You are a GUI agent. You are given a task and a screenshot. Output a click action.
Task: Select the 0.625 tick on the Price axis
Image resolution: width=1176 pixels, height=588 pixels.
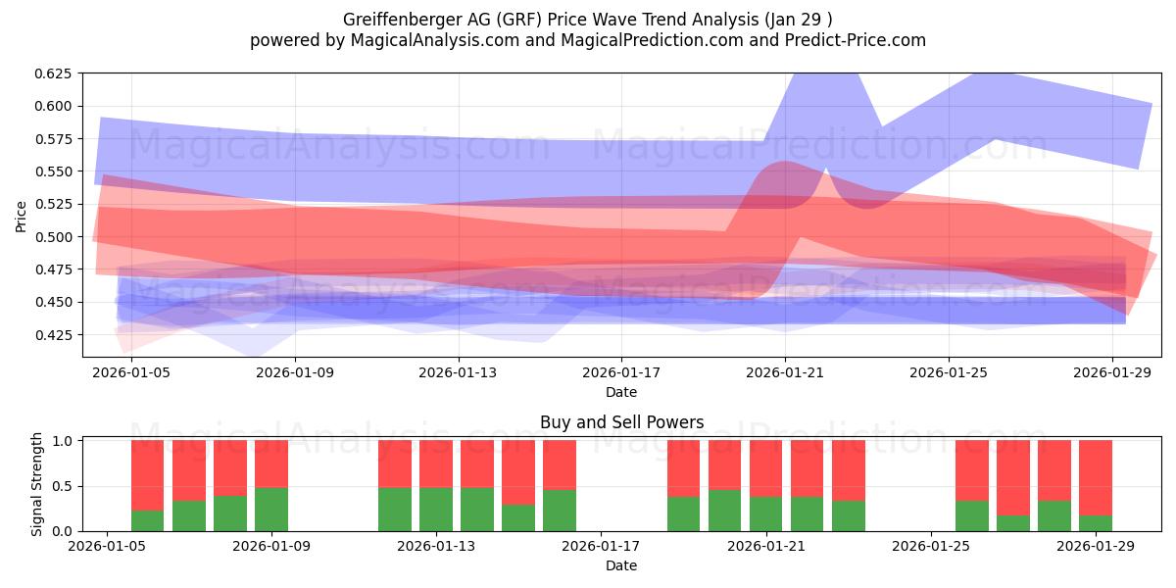click(x=54, y=73)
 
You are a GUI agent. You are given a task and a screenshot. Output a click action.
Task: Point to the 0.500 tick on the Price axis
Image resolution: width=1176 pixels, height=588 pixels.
click(x=54, y=237)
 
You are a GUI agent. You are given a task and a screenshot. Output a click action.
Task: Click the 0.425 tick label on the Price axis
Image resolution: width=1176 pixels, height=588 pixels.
click(x=54, y=335)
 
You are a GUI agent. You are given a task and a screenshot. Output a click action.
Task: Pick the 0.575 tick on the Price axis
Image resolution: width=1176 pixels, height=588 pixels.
click(x=54, y=139)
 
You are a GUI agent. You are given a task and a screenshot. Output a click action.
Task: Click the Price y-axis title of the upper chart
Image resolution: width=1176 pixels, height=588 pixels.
click(x=22, y=215)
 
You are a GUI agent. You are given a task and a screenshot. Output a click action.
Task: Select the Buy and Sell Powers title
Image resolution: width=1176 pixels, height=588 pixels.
click(x=621, y=423)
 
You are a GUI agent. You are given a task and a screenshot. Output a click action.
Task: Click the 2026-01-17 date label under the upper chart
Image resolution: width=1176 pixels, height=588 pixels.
click(x=621, y=372)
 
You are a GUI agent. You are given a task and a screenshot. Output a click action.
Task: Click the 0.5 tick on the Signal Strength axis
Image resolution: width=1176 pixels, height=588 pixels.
click(x=62, y=486)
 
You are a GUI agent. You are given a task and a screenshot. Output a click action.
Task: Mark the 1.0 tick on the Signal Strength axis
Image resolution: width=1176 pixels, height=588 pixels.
click(x=62, y=441)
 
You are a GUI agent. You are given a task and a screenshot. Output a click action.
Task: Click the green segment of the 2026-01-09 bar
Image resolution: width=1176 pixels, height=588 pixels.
click(x=271, y=510)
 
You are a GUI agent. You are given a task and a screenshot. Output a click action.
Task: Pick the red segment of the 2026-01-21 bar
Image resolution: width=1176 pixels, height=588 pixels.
click(x=766, y=468)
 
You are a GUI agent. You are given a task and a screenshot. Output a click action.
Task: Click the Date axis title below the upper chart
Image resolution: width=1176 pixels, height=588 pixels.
click(x=621, y=392)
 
